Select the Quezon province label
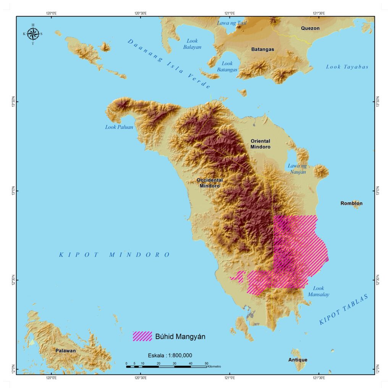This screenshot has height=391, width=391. [310, 28]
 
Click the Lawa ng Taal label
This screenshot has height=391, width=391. [232, 23]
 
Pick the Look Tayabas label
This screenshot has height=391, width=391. [347, 67]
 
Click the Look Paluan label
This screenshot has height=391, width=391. [119, 127]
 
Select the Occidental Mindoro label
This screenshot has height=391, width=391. [210, 183]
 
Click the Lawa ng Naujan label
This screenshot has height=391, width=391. [297, 168]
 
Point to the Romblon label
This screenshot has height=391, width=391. [351, 204]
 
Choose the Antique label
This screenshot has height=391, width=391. [297, 360]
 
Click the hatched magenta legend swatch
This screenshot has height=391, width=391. [142, 336]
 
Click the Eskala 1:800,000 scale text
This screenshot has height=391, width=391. [170, 355]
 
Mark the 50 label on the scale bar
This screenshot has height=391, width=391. [206, 363]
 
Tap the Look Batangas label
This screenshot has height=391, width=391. [227, 67]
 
